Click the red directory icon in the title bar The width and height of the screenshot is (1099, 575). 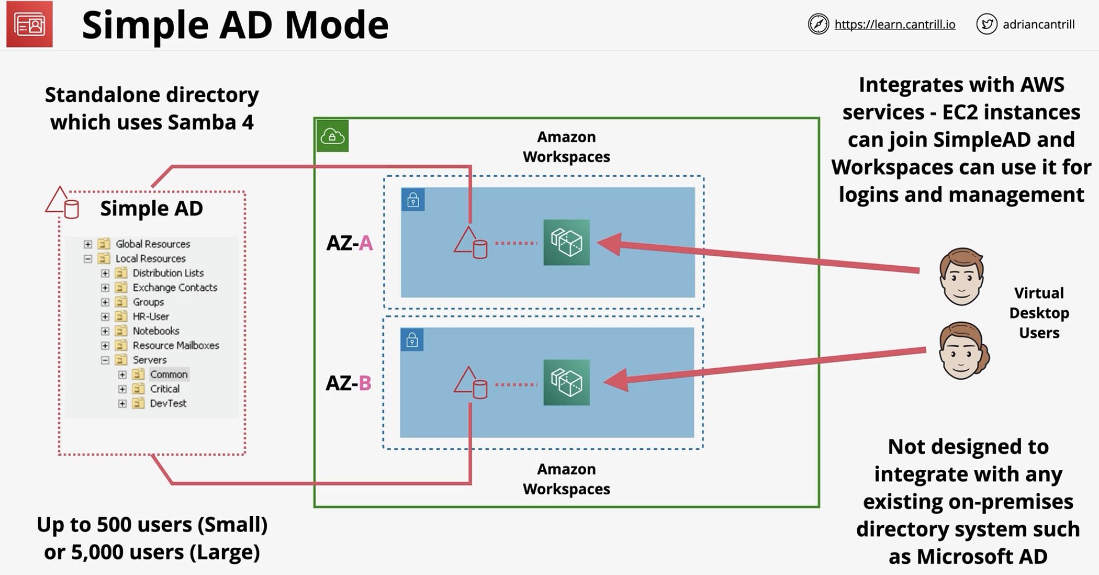pos(29,24)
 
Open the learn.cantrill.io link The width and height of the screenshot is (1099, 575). pos(895,24)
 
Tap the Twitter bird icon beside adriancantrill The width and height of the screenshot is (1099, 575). pos(987,24)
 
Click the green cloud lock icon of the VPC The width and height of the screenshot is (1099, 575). pos(332,136)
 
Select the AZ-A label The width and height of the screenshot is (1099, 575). pos(349,243)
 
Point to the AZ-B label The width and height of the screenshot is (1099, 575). pos(348,383)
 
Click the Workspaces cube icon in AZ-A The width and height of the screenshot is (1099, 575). pos(567,242)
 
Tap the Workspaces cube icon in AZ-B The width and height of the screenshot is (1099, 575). pos(567,382)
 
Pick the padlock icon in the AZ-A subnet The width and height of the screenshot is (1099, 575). pos(413,200)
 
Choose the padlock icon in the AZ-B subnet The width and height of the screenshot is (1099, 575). pos(412,339)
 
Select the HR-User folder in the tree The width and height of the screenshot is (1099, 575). pos(142,316)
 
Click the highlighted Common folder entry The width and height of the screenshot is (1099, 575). pos(161,374)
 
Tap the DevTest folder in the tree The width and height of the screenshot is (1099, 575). pos(159,403)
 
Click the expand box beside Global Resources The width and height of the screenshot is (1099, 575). pos(88,244)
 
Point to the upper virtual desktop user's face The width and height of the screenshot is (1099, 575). pos(961,276)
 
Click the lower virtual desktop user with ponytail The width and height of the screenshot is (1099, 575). pos(963,351)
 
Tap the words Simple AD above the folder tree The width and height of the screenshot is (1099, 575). pos(152,208)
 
